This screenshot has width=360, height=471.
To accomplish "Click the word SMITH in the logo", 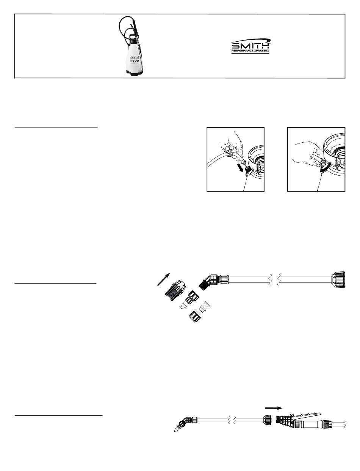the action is (250, 45).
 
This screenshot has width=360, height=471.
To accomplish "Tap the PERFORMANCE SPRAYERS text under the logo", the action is (250, 51).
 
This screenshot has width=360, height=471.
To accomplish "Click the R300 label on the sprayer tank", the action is (135, 61).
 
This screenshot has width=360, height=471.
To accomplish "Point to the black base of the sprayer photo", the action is (135, 73).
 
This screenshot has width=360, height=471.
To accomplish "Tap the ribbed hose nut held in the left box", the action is (229, 153).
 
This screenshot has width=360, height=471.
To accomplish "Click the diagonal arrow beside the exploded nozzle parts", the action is (164, 279).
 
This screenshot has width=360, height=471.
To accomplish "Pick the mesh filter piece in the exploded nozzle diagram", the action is (175, 290).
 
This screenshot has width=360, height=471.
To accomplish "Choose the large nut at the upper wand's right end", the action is (338, 280).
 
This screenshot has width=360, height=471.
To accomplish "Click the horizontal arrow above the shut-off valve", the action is (273, 408).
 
